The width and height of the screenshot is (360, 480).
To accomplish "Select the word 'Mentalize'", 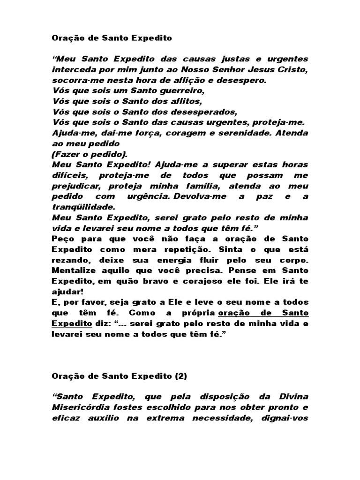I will tap(72, 270).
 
